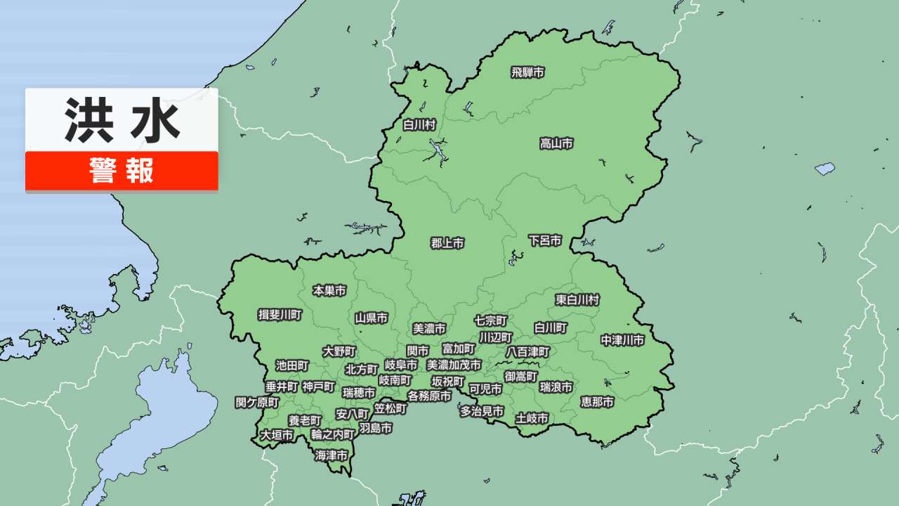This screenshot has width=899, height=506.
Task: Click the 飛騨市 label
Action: point(527,72)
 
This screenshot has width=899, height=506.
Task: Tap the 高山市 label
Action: point(556,144)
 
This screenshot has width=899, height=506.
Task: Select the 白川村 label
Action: point(419,125)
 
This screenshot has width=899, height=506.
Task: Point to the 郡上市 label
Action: point(447,244)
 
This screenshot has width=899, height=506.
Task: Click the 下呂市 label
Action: point(545,241)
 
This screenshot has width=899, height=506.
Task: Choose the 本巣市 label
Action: point(329,290)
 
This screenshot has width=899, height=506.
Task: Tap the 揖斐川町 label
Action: point(280,315)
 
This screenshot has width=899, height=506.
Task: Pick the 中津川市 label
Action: point(622,341)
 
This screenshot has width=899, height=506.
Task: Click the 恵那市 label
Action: point(597,402)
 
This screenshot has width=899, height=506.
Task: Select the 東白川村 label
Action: point(577,300)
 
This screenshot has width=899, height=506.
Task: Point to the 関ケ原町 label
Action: point(257,403)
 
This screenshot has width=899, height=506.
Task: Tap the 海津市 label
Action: point(332,456)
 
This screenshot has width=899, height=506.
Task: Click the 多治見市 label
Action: point(482,412)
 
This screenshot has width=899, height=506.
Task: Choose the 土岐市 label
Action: point(532,419)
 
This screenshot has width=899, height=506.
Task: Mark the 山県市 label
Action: point(371,318)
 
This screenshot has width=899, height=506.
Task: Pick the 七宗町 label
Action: point(491,320)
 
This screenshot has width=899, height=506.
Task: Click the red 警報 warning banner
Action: point(122,171)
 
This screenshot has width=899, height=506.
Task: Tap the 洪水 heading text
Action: point(122,119)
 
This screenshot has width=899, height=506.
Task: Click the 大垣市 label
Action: point(277,436)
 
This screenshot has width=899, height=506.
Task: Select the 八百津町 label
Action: point(527,351)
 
